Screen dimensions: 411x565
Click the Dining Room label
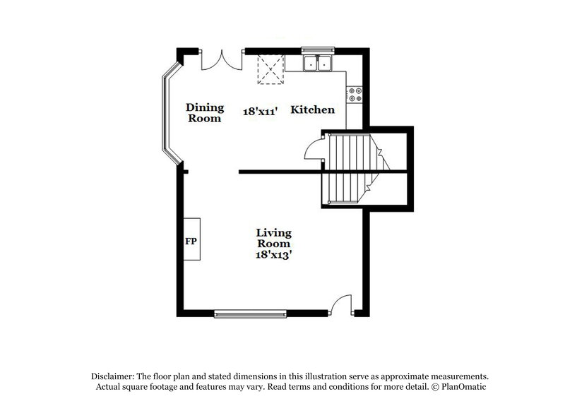click(205, 113)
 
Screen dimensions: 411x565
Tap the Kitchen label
click(313, 111)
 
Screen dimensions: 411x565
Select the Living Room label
click(274, 238)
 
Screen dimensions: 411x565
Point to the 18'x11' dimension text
click(259, 111)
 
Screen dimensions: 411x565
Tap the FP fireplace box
click(191, 240)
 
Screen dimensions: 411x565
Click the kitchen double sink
click(319, 64)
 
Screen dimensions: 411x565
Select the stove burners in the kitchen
click(354, 95)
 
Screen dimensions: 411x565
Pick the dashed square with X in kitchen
click(268, 70)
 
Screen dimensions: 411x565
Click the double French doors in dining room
click(220, 59)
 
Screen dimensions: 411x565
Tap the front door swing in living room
click(342, 304)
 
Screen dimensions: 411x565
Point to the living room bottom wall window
click(249, 312)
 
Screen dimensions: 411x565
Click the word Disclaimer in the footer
click(114, 376)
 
